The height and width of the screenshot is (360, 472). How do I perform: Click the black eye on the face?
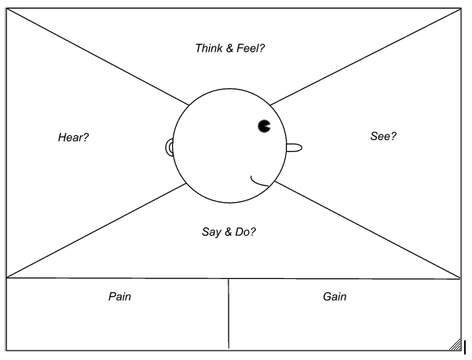coord(265,125)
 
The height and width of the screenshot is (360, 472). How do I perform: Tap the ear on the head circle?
coord(169,147)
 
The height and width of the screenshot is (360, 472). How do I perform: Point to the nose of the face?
coord(293,147)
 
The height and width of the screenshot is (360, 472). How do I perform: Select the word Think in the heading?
coord(209,48)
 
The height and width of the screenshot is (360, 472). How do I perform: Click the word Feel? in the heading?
coord(251,48)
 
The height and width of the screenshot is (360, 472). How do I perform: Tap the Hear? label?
coord(73,137)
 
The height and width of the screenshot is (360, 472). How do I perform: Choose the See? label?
coord(383,136)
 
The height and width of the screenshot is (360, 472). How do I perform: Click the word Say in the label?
coord(211,232)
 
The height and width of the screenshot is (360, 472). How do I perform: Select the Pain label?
coord(119,296)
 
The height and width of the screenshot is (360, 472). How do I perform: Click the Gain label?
coord(335,296)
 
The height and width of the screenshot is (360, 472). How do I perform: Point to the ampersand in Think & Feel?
coord(230,48)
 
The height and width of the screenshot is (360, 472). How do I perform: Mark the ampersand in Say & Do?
coord(229,232)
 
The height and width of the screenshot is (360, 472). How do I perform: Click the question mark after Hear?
coord(86,137)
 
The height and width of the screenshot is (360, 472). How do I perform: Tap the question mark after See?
coord(393,136)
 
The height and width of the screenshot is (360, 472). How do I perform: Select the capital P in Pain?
coord(112,296)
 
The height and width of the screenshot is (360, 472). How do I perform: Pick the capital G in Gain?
coord(327,296)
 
